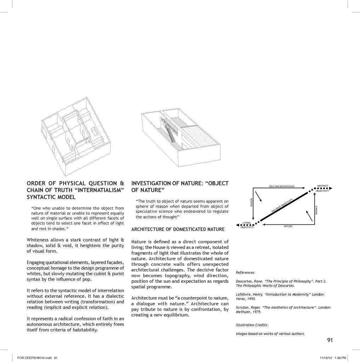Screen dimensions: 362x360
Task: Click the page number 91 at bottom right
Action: (x=330, y=340)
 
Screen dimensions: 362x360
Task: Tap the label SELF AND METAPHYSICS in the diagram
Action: (x=282, y=186)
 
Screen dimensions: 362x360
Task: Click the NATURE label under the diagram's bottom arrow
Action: (x=288, y=226)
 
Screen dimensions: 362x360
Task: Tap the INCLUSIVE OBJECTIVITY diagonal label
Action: (x=283, y=206)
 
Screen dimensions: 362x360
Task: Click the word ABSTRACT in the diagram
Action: (x=322, y=186)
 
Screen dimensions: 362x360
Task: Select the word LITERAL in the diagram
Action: (x=247, y=223)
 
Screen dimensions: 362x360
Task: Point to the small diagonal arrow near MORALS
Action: (x=309, y=216)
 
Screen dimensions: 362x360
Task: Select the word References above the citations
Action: (x=245, y=272)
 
